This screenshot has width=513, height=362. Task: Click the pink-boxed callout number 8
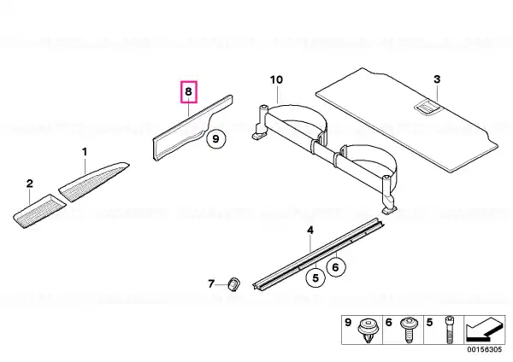click(188, 91)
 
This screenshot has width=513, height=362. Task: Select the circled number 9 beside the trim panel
click(216, 139)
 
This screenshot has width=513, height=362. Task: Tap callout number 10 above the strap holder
click(276, 79)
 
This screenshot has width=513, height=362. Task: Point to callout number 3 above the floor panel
click(437, 79)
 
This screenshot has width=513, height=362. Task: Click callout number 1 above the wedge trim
click(85, 152)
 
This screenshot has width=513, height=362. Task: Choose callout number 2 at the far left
click(30, 184)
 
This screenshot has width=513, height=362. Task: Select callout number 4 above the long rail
click(310, 231)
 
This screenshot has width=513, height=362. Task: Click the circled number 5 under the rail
click(315, 277)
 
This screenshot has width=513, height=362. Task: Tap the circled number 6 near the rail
click(336, 267)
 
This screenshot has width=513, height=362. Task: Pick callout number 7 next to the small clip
click(211, 283)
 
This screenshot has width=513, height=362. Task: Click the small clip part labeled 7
click(233, 284)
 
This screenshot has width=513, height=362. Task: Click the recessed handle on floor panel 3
click(427, 108)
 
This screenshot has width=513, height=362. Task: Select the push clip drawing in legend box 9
click(368, 330)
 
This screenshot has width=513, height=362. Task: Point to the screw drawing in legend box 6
click(409, 330)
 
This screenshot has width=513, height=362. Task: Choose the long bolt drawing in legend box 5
click(449, 330)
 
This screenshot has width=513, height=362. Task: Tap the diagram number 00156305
click(484, 349)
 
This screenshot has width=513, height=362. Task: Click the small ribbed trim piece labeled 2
click(39, 211)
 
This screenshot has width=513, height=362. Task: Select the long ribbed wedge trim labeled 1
click(94, 181)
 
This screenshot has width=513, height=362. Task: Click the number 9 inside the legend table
click(348, 323)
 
